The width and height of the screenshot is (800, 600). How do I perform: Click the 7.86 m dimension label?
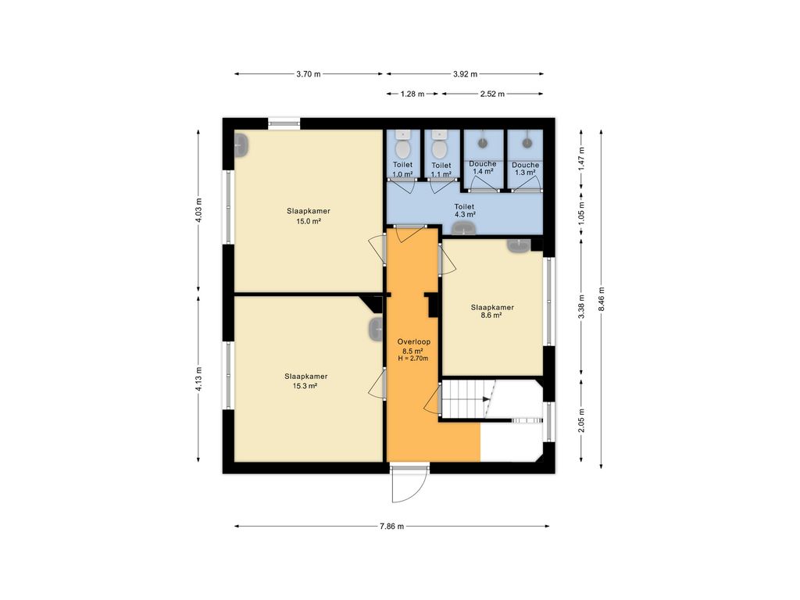(x=392, y=526)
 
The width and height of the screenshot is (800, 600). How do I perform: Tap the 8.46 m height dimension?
(x=602, y=298)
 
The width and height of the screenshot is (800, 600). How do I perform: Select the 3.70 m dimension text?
(x=309, y=74)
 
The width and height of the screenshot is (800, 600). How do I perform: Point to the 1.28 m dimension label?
(x=412, y=94)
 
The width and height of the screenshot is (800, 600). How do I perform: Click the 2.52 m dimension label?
(x=492, y=94)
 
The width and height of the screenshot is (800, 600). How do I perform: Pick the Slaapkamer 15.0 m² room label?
(x=308, y=216)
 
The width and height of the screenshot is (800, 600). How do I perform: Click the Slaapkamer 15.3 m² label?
(x=306, y=381)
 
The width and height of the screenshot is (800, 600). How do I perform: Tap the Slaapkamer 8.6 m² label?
(x=492, y=311)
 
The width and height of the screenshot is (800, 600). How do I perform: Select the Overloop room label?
(x=414, y=342)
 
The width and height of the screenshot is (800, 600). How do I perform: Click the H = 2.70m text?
(x=413, y=358)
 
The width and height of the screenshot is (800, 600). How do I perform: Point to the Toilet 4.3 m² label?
(x=464, y=210)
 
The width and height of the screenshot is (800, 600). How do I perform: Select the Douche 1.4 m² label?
(x=483, y=167)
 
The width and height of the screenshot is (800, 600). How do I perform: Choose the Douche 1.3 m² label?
(x=526, y=169)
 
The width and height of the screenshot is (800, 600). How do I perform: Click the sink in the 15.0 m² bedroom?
(x=241, y=145)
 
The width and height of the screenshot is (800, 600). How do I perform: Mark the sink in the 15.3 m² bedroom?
(x=376, y=330)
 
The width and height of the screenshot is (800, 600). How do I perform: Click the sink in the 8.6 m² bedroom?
(x=519, y=245)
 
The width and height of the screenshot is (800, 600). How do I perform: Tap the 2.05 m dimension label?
(x=581, y=420)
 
